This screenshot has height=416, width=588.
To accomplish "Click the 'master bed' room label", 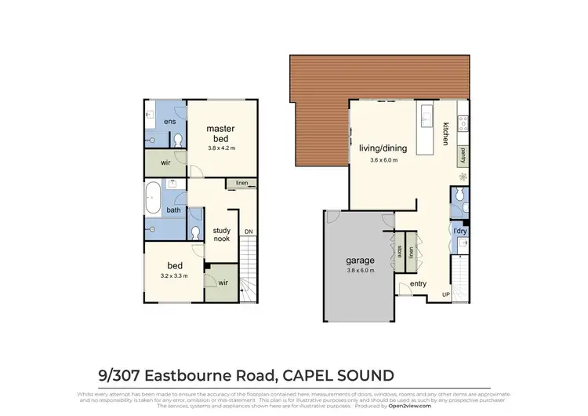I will coord(221,133).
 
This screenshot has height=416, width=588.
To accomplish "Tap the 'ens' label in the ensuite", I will coord(169,122).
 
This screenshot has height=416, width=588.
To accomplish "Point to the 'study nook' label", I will coord(221,234).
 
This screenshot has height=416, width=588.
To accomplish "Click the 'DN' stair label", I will coord(249,232).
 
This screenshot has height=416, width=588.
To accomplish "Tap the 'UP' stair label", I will coord(447,294).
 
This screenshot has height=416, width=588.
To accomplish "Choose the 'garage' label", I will coord(361,261).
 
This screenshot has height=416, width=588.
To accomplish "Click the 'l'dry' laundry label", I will coord(460,230).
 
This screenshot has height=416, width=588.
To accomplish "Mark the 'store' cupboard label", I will coord(399,251).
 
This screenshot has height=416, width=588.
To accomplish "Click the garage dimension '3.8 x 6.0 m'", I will coord(361,272).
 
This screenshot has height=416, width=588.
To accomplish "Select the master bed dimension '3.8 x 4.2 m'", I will coord(221,148).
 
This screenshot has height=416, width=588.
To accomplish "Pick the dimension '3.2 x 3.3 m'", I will coord(174,276).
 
